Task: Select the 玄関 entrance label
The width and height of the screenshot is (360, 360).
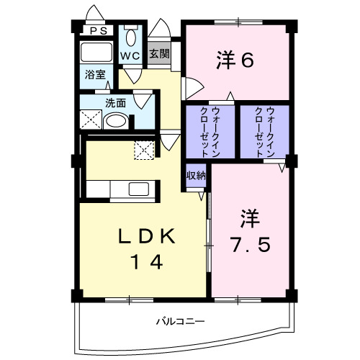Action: pyautogui.click(x=160, y=54)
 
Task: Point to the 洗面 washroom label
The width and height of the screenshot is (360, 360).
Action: pyautogui.click(x=114, y=102)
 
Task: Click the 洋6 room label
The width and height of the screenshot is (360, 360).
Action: pyautogui.click(x=234, y=61)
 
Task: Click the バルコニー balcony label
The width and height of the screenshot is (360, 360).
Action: pyautogui.click(x=181, y=320)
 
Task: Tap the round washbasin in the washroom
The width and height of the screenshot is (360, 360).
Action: pyautogui.click(x=115, y=121)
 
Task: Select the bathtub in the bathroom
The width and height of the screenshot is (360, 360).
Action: pyautogui.click(x=95, y=52)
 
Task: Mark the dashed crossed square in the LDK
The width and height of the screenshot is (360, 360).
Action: pyautogui.click(x=144, y=150)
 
